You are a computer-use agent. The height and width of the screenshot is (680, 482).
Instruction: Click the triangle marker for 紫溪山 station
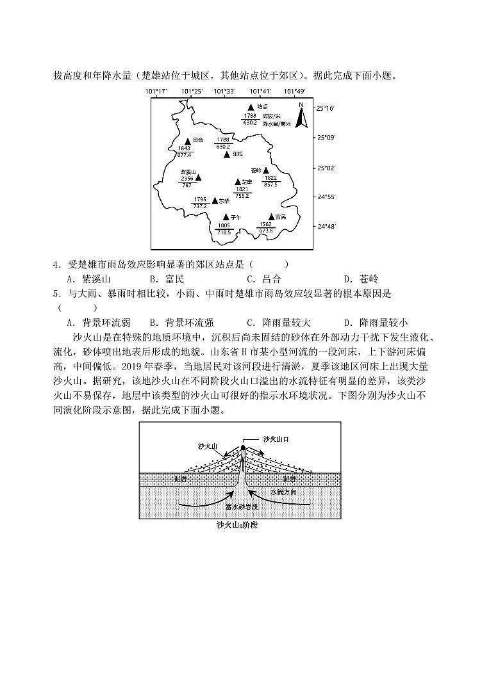(x=199, y=177)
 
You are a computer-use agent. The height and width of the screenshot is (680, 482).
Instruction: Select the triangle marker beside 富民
(x=272, y=216)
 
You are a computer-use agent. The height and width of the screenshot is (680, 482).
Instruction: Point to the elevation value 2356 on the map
(x=187, y=179)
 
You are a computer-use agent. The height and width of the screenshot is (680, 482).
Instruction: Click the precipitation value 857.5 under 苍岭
(x=270, y=184)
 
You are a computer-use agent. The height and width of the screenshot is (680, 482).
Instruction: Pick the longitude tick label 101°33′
(x=224, y=92)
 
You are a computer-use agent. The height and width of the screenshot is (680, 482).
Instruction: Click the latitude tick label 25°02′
(x=326, y=168)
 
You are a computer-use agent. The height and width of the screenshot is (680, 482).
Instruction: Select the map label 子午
(x=235, y=217)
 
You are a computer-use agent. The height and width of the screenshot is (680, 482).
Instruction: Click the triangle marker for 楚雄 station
(x=237, y=182)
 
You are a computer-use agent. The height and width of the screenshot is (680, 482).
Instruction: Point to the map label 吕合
(x=198, y=140)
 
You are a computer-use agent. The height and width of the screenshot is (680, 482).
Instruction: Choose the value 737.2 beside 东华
(x=200, y=206)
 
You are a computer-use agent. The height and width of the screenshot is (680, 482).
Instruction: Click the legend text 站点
(x=262, y=107)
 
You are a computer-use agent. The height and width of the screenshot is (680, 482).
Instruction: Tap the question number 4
(x=57, y=264)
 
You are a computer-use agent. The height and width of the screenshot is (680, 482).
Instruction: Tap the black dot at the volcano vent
(x=243, y=448)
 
